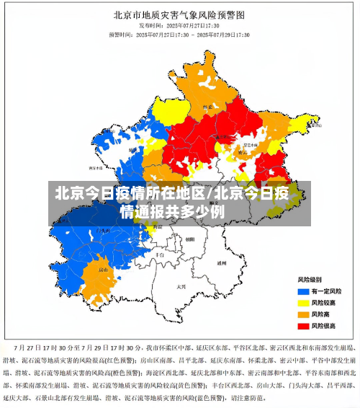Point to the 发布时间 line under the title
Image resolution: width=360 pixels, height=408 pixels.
click(x=179, y=25)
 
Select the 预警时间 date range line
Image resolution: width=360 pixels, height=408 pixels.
click(x=179, y=34)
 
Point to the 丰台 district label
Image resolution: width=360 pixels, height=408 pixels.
click(x=160, y=254)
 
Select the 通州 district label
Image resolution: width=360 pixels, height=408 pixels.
click(x=222, y=263)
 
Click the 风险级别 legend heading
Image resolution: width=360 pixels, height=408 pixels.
click(x=310, y=279)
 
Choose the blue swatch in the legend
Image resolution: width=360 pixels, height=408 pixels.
click(x=303, y=291)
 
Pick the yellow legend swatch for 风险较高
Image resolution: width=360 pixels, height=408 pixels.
click(x=303, y=302)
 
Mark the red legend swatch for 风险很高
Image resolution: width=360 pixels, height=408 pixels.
click(x=303, y=326)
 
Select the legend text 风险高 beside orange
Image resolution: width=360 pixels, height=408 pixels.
click(x=323, y=314)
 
